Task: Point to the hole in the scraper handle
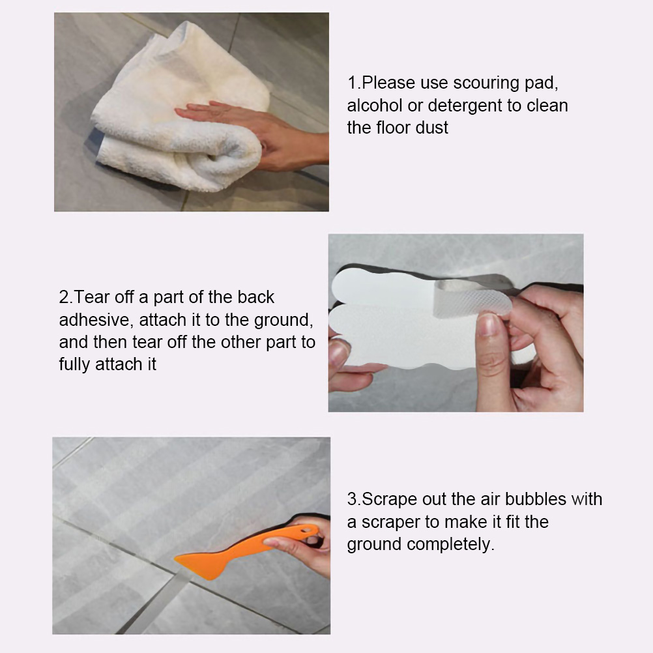tap(310, 530)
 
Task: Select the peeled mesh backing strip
tap(472, 298)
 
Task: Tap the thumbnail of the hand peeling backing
tap(487, 325)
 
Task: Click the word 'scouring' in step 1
tap(486, 83)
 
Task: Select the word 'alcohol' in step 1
tap(374, 106)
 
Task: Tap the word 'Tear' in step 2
tap(93, 297)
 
